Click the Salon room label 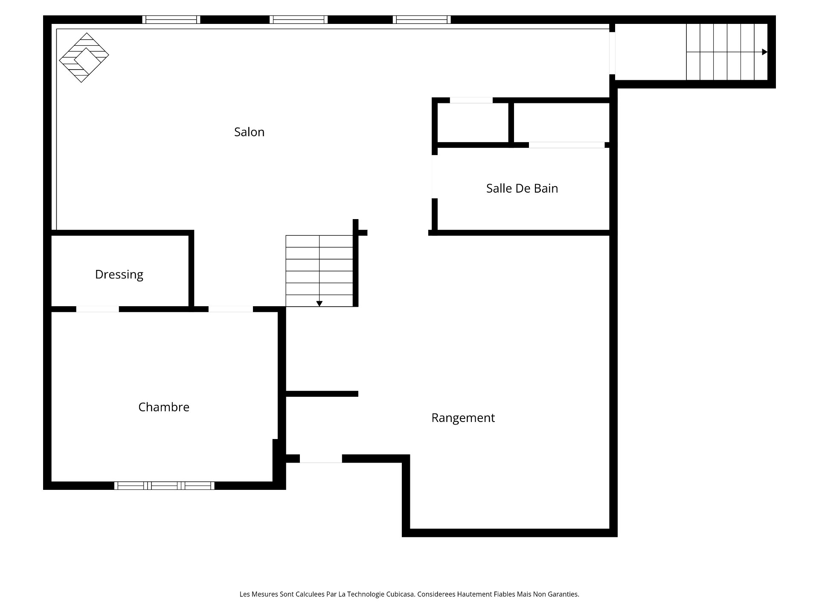tap(249, 132)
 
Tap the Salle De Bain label tap(522, 188)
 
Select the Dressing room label tap(119, 274)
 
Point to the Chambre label tap(164, 407)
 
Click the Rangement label tap(463, 418)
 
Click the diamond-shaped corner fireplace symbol tap(84, 58)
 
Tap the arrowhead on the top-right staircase tap(764, 52)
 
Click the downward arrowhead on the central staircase tap(319, 304)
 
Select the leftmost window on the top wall tap(171, 20)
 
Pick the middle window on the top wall tap(299, 20)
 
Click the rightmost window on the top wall tap(421, 20)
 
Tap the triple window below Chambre tap(164, 486)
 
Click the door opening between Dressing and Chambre tap(97, 309)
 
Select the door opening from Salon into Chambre tap(230, 309)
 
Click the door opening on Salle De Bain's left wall tap(435, 176)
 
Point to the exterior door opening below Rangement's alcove tap(321, 459)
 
